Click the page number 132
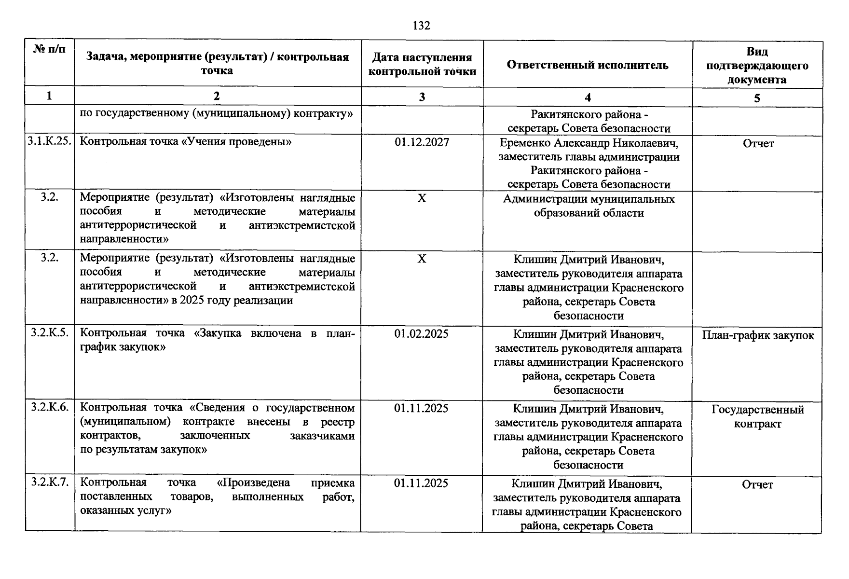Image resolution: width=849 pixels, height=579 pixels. (x=421, y=26)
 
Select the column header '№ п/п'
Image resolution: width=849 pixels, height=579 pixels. (x=50, y=50)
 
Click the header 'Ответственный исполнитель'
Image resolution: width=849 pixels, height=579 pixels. (x=588, y=65)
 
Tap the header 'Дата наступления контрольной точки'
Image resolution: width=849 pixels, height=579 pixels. (x=422, y=65)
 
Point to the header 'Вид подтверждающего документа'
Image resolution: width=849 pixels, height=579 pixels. (x=757, y=66)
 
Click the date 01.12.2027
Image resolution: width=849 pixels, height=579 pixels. (x=422, y=142)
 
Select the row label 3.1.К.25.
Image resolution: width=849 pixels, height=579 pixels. (x=50, y=141)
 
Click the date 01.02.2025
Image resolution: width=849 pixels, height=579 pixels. (x=421, y=334)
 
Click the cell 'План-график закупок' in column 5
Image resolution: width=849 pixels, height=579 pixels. (x=758, y=336)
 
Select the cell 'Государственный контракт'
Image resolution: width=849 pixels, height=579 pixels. (x=757, y=417)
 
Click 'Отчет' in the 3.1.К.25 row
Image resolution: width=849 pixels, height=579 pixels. (x=758, y=144)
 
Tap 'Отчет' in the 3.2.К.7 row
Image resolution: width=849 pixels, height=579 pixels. (x=757, y=485)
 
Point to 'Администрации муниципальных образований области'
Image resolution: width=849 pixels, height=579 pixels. (x=589, y=206)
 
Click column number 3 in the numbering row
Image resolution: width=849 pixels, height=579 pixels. (x=422, y=97)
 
